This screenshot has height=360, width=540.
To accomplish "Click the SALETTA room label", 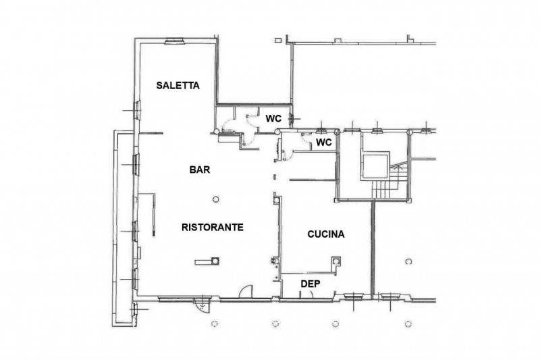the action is coord(178,85).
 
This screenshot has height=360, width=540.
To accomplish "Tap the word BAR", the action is coord(200,170).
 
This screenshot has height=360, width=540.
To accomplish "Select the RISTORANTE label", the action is coord(213,228).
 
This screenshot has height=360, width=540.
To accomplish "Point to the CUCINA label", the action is coord(326,234).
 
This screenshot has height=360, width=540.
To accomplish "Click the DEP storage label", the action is coord(310,284).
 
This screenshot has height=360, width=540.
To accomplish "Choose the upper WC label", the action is coord(273,119).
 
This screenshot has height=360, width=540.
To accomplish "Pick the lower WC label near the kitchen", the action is coord(324,143).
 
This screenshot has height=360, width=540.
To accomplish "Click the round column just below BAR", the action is coord(216,199).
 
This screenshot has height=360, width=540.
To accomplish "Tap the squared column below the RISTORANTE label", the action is coord(215,261).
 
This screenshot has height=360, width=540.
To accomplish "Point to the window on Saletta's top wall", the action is coord(175,41).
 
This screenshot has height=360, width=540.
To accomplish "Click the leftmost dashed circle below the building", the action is coord(214,324).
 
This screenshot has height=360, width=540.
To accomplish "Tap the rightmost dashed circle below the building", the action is coord(408,324).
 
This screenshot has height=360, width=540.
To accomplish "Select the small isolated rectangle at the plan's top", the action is coord(278,41).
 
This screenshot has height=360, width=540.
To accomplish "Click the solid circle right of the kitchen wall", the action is coord(409,261).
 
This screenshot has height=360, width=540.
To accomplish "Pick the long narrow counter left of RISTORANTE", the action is coord(153,215).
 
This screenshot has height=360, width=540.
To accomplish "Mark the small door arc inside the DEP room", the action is coord(311,294).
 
